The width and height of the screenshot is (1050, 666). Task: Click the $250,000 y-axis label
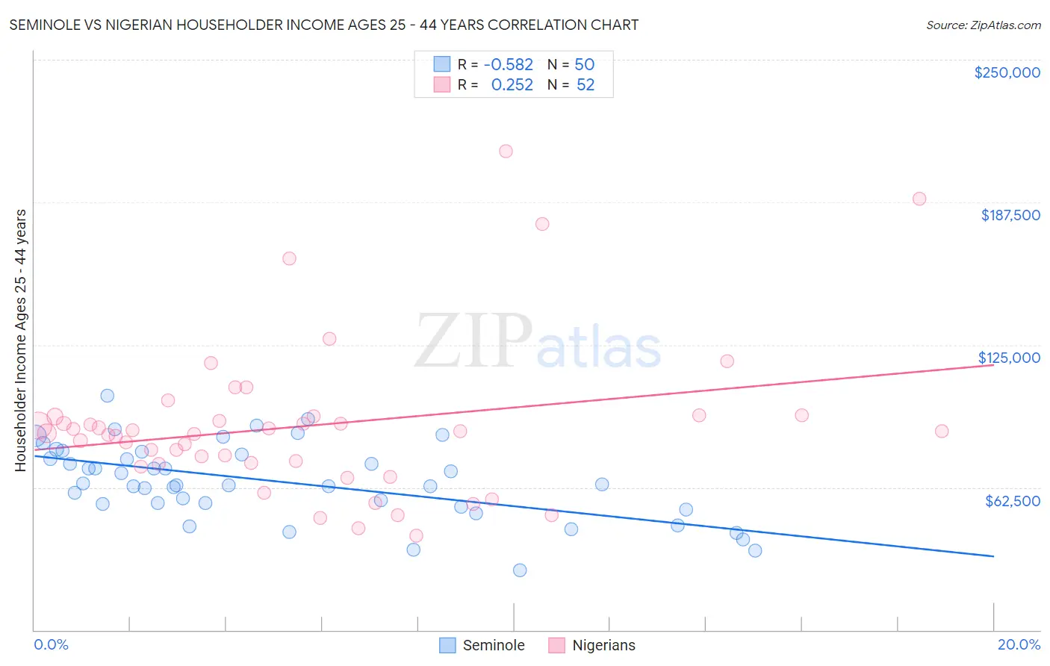pyautogui.click(x=1007, y=72)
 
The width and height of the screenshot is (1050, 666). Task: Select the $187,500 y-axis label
pyautogui.click(x=1010, y=215)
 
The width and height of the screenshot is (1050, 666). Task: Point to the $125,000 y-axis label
pyautogui.click(x=1009, y=358)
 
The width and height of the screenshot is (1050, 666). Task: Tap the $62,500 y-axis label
pyautogui.click(x=1012, y=501)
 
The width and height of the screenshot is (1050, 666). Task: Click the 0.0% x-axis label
pyautogui.click(x=51, y=644)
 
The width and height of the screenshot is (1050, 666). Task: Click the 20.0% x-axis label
pyautogui.click(x=1019, y=644)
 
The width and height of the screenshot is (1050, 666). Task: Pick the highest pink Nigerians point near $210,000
pyautogui.click(x=506, y=151)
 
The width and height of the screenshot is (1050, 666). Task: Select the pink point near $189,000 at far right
pyautogui.click(x=919, y=199)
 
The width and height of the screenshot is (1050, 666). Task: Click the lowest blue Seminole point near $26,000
pyautogui.click(x=520, y=570)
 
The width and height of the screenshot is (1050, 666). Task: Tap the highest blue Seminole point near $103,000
pyautogui.click(x=108, y=396)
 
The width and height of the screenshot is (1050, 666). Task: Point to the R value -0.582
pyautogui.click(x=509, y=65)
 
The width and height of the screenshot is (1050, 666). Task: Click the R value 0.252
pyautogui.click(x=512, y=85)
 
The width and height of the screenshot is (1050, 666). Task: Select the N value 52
pyautogui.click(x=585, y=85)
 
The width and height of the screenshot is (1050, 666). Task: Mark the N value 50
pyautogui.click(x=584, y=65)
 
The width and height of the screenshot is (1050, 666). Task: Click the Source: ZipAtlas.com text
pyautogui.click(x=983, y=25)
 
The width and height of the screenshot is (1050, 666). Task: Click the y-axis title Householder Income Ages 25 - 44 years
pyautogui.click(x=21, y=340)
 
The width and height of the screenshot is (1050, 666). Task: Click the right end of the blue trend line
pyautogui.click(x=993, y=556)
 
